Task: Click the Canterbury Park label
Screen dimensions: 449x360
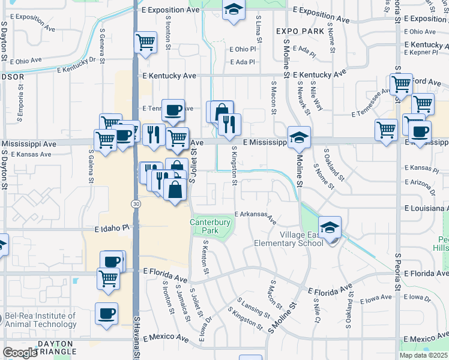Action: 211,226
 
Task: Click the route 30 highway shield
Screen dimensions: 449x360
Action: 137,205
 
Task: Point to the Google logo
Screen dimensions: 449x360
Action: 20,352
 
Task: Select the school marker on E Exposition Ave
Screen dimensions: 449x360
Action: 234,10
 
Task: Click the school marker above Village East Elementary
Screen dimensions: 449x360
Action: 330,227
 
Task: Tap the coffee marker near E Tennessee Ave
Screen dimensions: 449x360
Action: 173,110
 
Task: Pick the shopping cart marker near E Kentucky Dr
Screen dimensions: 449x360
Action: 145,43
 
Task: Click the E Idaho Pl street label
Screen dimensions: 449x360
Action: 113,229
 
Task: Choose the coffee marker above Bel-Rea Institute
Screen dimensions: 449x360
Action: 112,261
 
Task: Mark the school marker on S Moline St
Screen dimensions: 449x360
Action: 298,137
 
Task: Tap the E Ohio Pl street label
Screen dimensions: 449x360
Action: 243,49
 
